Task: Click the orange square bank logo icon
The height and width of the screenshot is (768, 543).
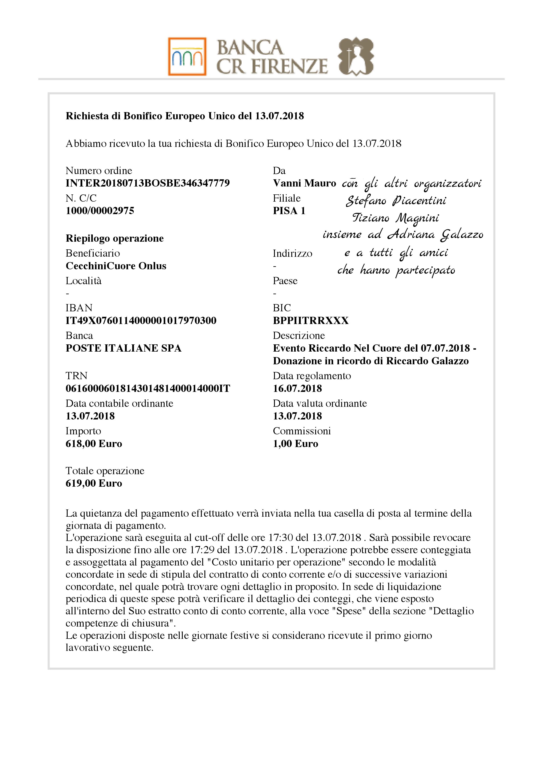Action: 187,56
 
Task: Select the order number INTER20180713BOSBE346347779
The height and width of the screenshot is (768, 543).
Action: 148,183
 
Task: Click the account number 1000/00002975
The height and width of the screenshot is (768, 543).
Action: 100,211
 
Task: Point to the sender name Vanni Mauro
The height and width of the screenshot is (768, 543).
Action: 304,183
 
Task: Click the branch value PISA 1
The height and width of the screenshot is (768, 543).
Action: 289,211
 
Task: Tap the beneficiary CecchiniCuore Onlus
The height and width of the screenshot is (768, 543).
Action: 116,266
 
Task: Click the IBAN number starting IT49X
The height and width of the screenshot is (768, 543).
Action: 141,321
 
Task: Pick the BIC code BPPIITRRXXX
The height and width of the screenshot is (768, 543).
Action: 311,321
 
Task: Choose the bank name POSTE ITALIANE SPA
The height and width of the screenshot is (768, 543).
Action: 123,348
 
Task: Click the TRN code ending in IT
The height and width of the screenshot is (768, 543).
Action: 148,389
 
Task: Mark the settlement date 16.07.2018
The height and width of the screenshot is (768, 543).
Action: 297,389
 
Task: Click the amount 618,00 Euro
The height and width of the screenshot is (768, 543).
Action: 94,444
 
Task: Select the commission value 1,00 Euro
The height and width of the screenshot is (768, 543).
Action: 295,444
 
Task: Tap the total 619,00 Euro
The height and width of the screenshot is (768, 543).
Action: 94,483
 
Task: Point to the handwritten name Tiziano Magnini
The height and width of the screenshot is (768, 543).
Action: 395,218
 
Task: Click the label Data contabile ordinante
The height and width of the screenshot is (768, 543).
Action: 119,403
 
